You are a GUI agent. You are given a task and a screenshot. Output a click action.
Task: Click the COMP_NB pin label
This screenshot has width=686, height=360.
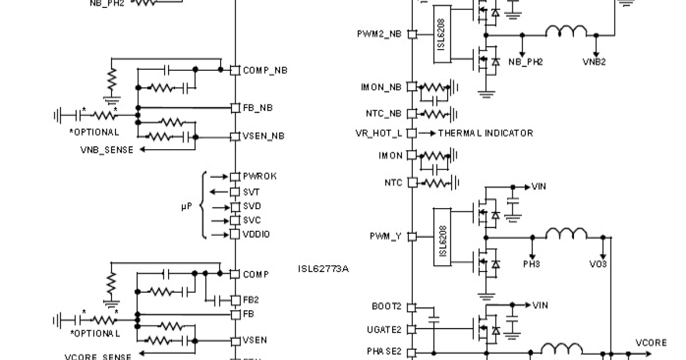click(265, 70)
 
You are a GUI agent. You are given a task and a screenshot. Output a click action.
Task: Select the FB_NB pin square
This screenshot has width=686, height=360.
click(235, 107)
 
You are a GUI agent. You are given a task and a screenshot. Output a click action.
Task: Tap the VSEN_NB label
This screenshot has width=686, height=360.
click(264, 136)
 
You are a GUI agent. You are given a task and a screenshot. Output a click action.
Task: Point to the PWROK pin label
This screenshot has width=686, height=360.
click(260, 177)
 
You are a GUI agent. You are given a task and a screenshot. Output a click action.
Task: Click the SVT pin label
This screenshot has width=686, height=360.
click(252, 192)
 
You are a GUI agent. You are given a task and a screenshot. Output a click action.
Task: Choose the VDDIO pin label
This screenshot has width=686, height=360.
click(256, 234)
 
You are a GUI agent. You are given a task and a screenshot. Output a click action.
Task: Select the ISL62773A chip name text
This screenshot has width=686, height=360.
click(323, 269)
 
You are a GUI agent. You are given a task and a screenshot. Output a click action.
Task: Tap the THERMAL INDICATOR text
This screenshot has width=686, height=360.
click(485, 133)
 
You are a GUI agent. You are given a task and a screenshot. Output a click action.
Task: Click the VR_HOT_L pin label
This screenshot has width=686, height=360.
click(378, 133)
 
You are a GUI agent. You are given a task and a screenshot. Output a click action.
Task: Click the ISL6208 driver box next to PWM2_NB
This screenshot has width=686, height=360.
click(442, 34)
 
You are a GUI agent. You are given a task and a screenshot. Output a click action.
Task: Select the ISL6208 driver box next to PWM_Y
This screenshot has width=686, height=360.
click(442, 236)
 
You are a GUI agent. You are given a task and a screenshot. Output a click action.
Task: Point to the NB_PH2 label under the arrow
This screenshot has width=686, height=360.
click(525, 62)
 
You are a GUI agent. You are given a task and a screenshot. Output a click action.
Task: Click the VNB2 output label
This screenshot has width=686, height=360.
click(595, 62)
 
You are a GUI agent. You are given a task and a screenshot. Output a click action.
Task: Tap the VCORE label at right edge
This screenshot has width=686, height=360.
click(651, 343)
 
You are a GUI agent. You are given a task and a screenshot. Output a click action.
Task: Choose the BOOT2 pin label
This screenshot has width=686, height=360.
click(386, 306)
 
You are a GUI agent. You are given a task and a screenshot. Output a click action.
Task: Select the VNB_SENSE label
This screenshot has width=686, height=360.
click(107, 150)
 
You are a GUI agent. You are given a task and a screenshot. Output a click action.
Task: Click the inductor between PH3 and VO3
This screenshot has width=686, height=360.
click(566, 234)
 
